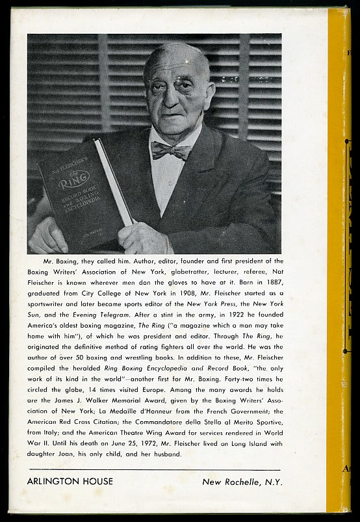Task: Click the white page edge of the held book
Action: click(x=114, y=183)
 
